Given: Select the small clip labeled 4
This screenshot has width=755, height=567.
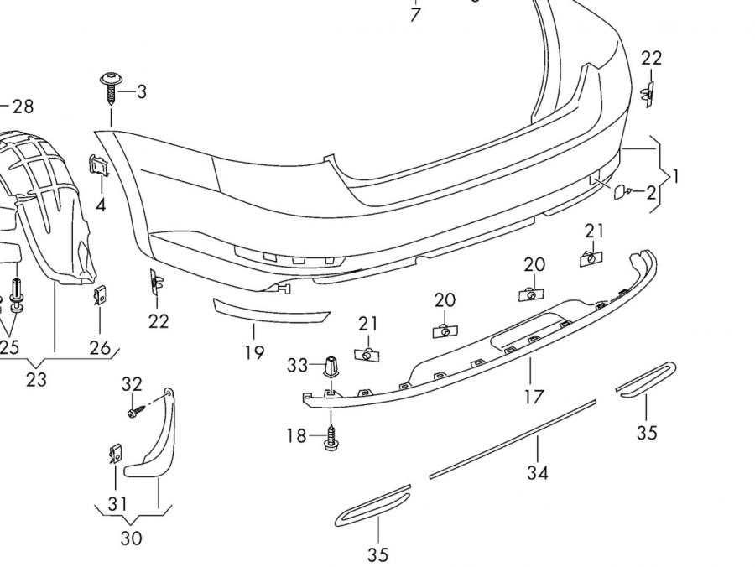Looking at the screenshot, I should (98, 166).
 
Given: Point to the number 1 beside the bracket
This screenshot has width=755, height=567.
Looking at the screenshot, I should (676, 177).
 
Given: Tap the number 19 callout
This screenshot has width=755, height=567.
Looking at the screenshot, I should (254, 352).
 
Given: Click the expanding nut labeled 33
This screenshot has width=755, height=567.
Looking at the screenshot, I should (331, 367).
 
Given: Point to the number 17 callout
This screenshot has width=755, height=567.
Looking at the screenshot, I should (534, 396).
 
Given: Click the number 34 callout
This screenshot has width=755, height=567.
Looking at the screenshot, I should (538, 472).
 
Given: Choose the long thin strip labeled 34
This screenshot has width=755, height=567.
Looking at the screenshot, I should (512, 440).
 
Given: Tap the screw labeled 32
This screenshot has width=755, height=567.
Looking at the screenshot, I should (134, 412).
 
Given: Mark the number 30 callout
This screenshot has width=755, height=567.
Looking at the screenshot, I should (132, 538).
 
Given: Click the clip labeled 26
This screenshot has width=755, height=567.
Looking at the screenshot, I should (100, 295).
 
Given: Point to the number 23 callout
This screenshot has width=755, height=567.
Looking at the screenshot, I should (36, 379).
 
